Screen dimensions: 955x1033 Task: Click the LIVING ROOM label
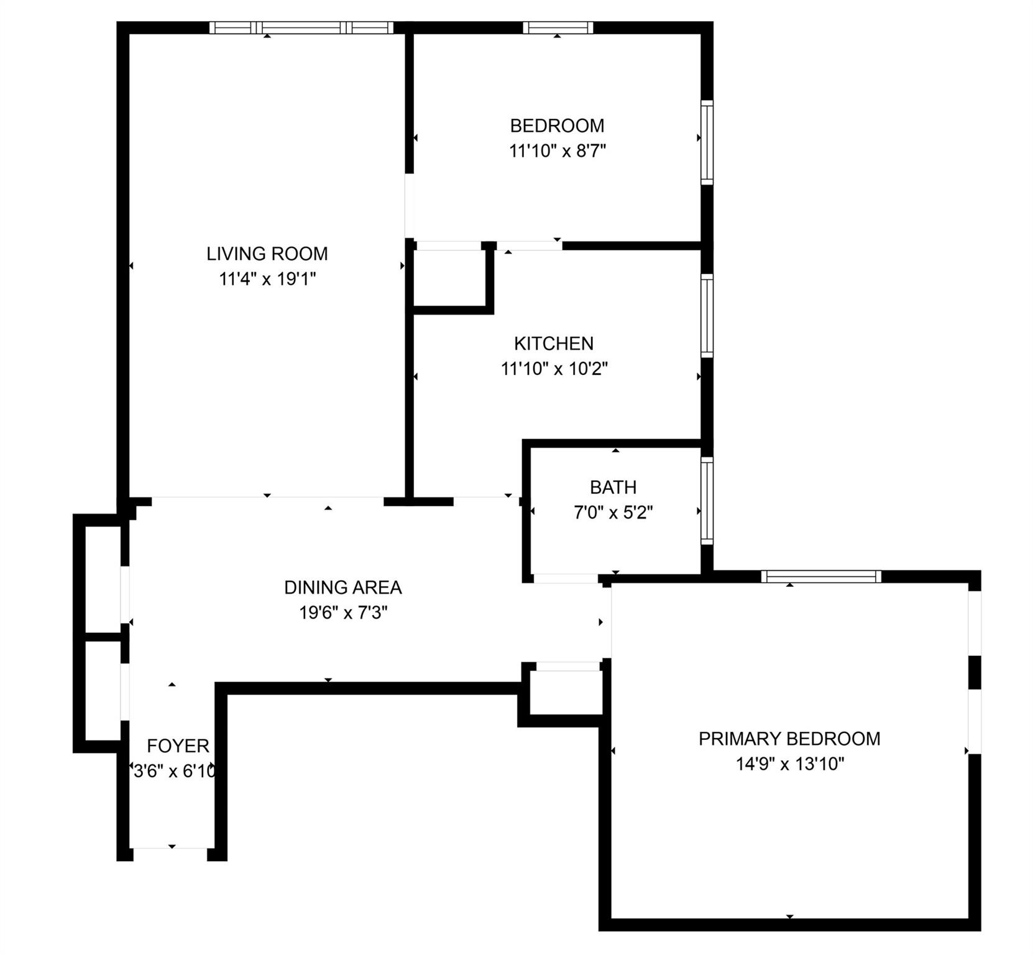coord(267,254)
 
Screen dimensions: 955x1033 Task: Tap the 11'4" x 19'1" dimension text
coord(267,279)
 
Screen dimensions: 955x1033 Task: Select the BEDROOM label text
coord(557,126)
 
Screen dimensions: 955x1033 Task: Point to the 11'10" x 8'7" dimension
coord(557,151)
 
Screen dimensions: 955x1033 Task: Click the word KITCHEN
coord(553,343)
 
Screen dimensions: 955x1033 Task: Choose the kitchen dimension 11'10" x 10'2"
coord(553,369)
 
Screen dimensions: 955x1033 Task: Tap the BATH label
coord(613,487)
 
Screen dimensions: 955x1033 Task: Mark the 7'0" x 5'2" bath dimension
coord(613,512)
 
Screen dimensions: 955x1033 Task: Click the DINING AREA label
coord(342,588)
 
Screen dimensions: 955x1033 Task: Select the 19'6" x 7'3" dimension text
coord(342,613)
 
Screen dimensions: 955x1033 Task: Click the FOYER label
coord(178,745)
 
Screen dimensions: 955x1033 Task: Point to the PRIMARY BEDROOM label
coord(789,739)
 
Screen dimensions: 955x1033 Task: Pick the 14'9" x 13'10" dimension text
coord(789,764)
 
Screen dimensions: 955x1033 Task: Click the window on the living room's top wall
coord(301,27)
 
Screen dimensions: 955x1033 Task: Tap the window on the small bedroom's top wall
coord(557,27)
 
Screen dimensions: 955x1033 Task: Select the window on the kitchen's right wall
coord(707,315)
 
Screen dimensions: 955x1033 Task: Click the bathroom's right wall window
coord(707,501)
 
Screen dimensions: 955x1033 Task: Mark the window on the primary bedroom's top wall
coord(821,576)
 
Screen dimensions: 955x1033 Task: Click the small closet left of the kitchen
coord(449,278)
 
